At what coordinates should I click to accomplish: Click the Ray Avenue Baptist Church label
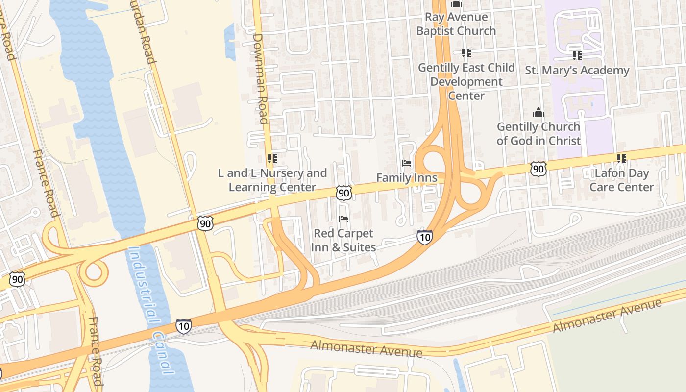coord(456,24)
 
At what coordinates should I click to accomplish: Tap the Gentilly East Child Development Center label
coord(466,81)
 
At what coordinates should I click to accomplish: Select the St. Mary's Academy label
coord(577,71)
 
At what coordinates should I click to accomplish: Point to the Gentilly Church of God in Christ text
coord(539,134)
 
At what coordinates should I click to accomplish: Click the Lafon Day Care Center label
coord(621,180)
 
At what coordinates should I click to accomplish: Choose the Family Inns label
coord(407,177)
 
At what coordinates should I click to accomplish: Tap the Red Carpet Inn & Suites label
coord(343,240)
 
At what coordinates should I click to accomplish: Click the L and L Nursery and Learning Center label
coord(272,180)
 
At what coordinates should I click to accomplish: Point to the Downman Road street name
coord(261,78)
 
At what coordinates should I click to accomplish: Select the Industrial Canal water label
coord(150,309)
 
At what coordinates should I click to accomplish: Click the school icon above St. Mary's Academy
coord(577,56)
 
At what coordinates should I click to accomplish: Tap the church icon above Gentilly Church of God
coord(539,112)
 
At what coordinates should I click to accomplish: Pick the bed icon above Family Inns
coord(406,163)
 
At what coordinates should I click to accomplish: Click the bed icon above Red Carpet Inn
coord(343,219)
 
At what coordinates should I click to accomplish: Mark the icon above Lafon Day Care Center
coord(621,158)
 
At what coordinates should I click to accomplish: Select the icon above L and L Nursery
coord(272,158)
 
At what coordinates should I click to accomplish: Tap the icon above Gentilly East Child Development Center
coord(466,52)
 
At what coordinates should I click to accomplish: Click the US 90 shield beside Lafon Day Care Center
coord(538,169)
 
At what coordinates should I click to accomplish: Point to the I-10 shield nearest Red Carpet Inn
coord(424,237)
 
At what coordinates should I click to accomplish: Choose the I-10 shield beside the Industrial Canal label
coord(184,326)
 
